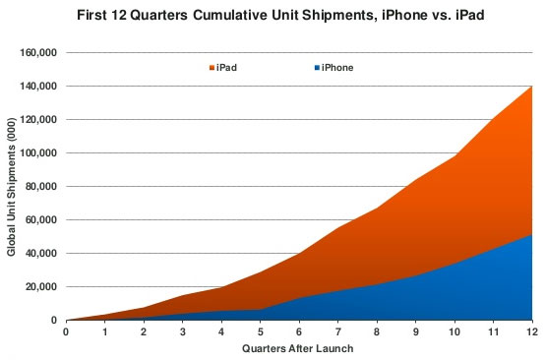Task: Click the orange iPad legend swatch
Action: point(212,68)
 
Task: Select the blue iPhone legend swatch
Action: point(316,68)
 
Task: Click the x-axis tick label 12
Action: point(532,331)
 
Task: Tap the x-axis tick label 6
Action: point(299,331)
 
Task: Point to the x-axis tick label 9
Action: point(416,331)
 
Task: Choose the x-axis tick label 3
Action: point(182,331)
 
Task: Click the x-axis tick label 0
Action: point(66,331)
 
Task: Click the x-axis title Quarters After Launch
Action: point(299,347)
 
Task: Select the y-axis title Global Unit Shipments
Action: point(11,186)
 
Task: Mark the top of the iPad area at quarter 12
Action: point(532,87)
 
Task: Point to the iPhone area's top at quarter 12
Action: point(532,234)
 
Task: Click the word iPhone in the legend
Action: point(337,68)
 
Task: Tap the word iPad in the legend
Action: point(227,68)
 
